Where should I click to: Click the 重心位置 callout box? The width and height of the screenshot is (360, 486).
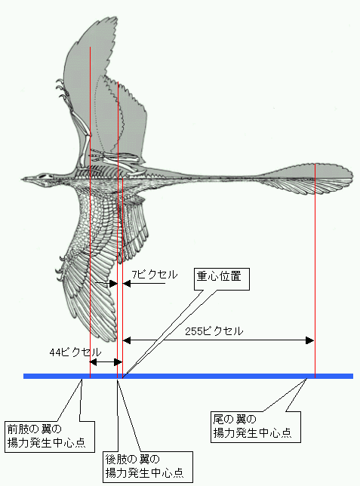click(x=222, y=279)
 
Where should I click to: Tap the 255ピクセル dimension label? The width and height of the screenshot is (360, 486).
click(x=214, y=331)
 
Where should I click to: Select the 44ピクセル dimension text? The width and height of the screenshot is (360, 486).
click(x=75, y=352)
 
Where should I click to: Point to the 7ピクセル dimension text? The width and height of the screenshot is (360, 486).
click(x=155, y=274)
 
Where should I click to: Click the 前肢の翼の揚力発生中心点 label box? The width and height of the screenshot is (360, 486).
click(x=50, y=437)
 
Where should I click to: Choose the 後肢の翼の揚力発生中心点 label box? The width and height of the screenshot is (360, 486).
click(x=148, y=467)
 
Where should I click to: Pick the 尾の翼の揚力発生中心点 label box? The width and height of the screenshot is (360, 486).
click(x=256, y=427)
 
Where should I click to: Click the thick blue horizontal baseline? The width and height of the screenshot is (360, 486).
click(x=188, y=377)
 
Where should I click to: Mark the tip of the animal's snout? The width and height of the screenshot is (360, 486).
click(x=22, y=179)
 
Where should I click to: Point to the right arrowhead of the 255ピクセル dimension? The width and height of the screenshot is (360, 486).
click(x=309, y=340)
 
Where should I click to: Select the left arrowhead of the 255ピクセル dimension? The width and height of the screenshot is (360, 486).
click(x=127, y=340)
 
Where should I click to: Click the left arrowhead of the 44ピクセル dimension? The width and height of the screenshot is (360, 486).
click(x=94, y=362)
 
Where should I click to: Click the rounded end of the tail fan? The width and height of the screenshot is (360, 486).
click(x=352, y=179)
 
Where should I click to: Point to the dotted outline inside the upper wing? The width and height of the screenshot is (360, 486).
click(x=97, y=109)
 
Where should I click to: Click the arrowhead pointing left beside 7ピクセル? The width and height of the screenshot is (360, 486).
click(x=127, y=283)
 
